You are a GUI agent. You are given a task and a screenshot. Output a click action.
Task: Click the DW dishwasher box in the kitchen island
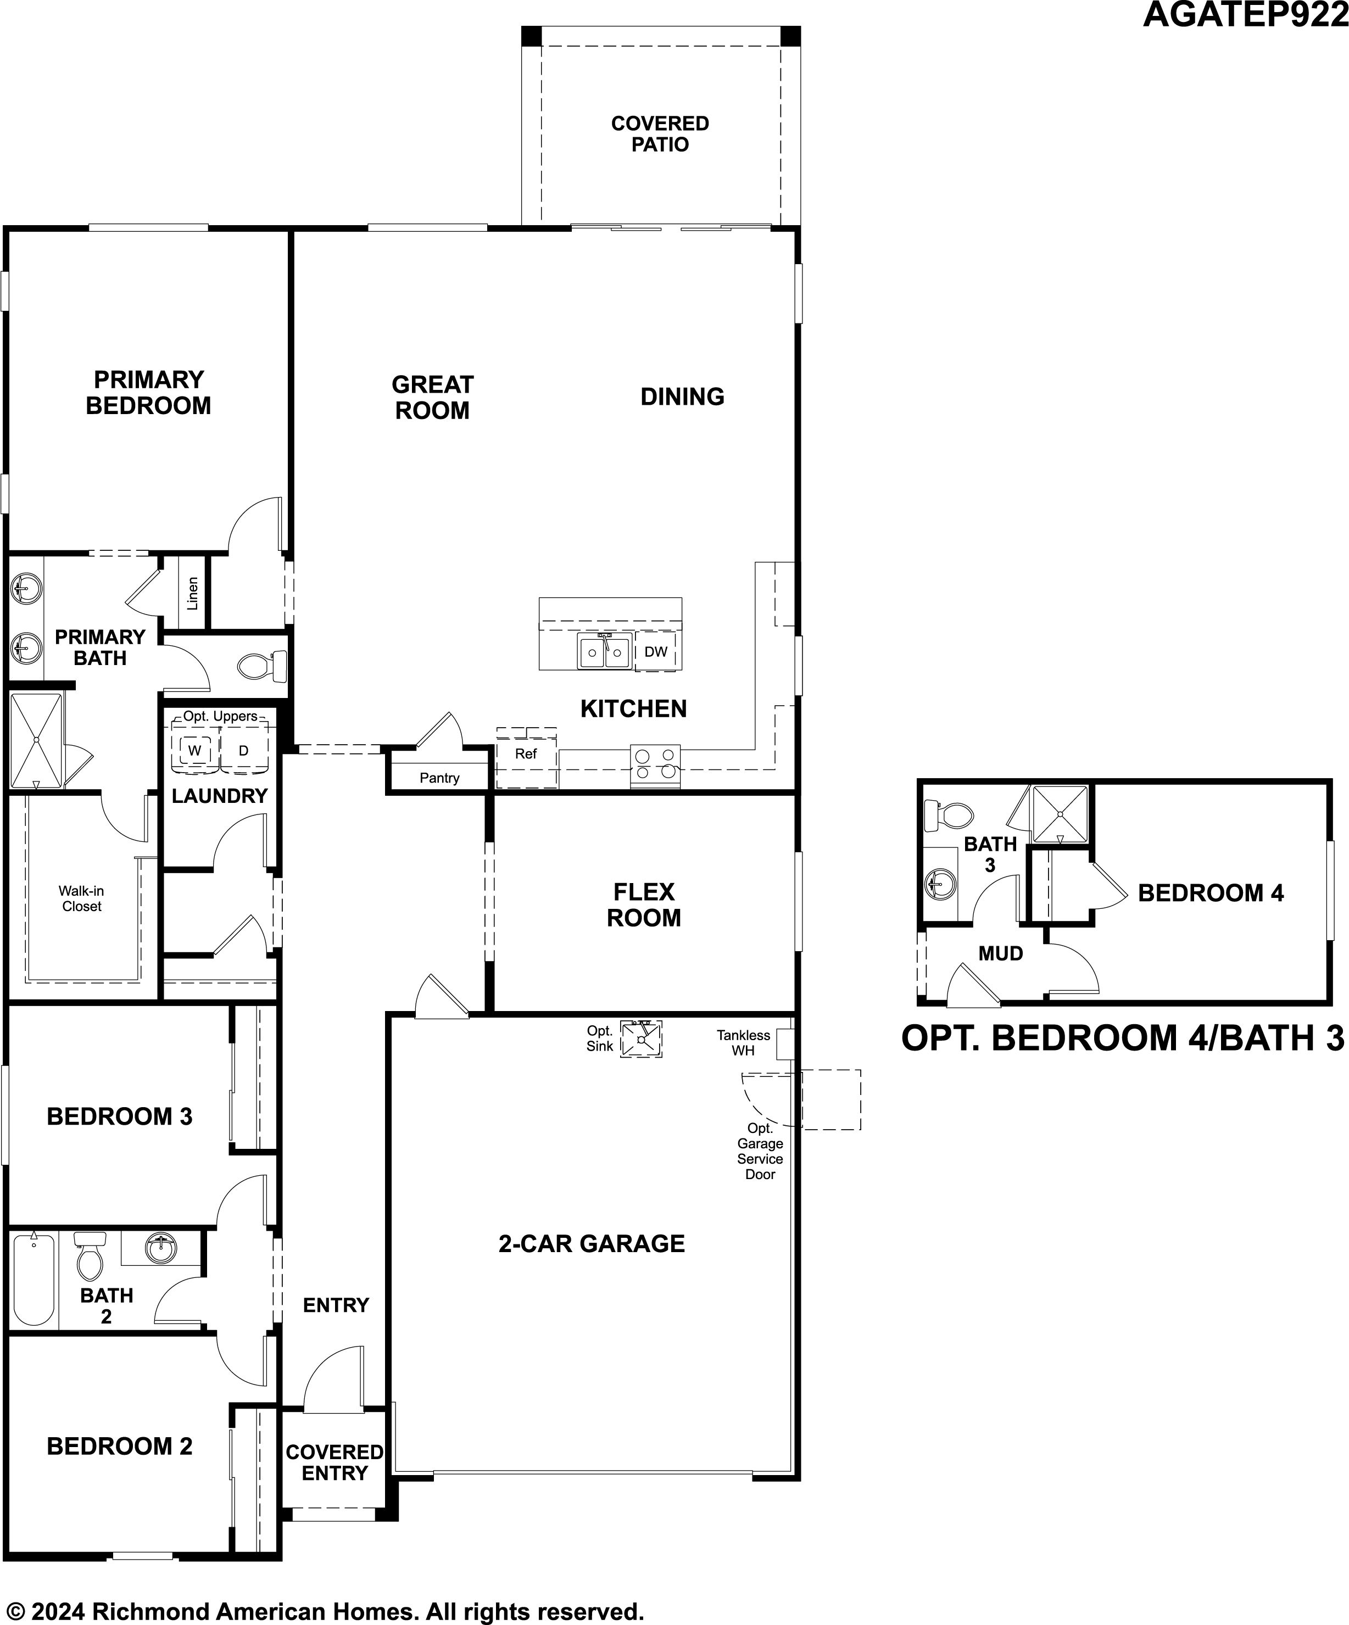tap(655, 651)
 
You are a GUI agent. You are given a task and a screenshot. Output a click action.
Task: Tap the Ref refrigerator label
tap(526, 753)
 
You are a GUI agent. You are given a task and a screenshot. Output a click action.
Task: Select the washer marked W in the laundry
tap(194, 750)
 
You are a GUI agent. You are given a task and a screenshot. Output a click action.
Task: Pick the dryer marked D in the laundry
tap(244, 750)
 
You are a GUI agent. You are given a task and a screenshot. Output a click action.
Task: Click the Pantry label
tap(439, 778)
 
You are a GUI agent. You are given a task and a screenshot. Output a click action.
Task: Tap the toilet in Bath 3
tap(948, 814)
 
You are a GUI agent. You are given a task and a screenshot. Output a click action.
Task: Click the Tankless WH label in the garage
tap(743, 1042)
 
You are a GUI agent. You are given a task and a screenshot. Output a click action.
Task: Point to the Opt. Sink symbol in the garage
tap(641, 1038)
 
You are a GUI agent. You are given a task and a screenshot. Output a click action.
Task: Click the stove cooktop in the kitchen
tap(655, 766)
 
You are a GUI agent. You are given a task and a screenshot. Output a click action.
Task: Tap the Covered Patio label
tap(660, 134)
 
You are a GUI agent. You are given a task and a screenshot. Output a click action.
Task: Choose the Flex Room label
tap(644, 904)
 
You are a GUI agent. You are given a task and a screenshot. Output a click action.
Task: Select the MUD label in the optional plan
tap(1001, 953)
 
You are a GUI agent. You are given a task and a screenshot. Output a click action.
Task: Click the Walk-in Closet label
tap(81, 898)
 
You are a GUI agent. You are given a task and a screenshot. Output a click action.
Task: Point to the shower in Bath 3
tap(1060, 814)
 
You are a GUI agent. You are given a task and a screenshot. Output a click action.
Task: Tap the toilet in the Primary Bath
tap(261, 666)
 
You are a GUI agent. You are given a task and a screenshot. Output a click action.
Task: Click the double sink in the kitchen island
tap(604, 651)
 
